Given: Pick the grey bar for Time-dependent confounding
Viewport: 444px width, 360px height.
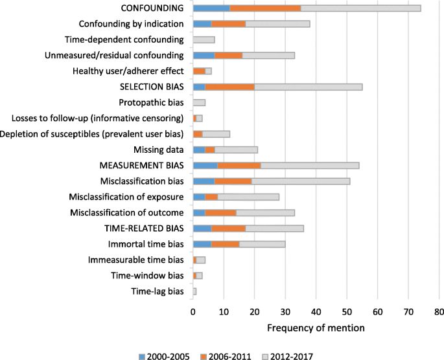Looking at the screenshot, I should point(204,39).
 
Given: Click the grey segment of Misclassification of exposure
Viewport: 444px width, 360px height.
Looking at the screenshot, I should point(248,197).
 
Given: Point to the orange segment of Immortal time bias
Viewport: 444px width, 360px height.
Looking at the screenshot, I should point(225,244).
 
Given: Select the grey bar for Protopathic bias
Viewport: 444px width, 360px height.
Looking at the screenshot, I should point(199,102).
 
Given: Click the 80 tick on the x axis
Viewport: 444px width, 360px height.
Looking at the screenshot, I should point(439,311).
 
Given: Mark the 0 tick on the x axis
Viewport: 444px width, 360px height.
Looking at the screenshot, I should point(193,311).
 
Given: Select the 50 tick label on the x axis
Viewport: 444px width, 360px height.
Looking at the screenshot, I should point(347,311).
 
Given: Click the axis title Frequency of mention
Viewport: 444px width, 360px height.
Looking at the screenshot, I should point(316,328).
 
